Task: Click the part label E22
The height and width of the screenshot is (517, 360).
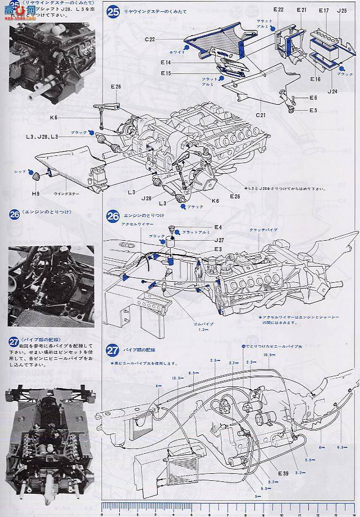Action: (278, 10)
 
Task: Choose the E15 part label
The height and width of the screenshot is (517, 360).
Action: (166, 73)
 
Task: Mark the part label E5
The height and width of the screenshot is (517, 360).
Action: (314, 110)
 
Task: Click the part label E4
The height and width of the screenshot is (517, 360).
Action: (218, 227)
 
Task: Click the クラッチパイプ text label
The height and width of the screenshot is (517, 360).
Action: (263, 230)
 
